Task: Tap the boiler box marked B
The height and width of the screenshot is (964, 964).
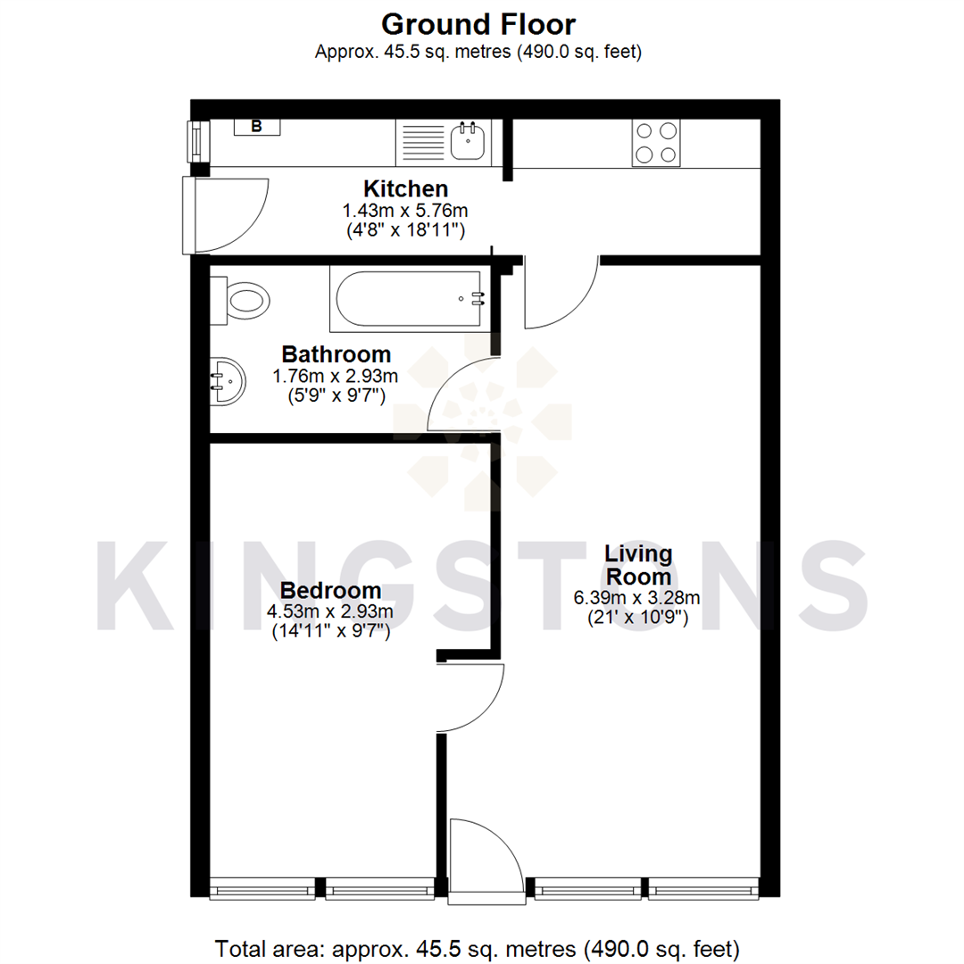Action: (x=256, y=127)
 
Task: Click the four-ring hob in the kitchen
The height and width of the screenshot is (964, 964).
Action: (x=655, y=142)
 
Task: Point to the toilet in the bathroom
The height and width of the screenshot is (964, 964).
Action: (x=245, y=299)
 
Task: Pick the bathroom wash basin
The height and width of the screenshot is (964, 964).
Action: (x=227, y=382)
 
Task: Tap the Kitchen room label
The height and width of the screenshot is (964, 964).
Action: (x=405, y=189)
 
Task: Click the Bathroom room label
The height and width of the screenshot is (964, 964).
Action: (x=336, y=353)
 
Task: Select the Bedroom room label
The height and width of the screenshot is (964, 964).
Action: (x=330, y=591)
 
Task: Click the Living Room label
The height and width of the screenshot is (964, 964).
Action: (x=636, y=565)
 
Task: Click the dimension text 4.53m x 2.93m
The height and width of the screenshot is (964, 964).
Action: (x=330, y=612)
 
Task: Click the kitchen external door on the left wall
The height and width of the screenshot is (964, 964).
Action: (x=227, y=215)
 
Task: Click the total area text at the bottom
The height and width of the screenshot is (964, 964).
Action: (x=478, y=947)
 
